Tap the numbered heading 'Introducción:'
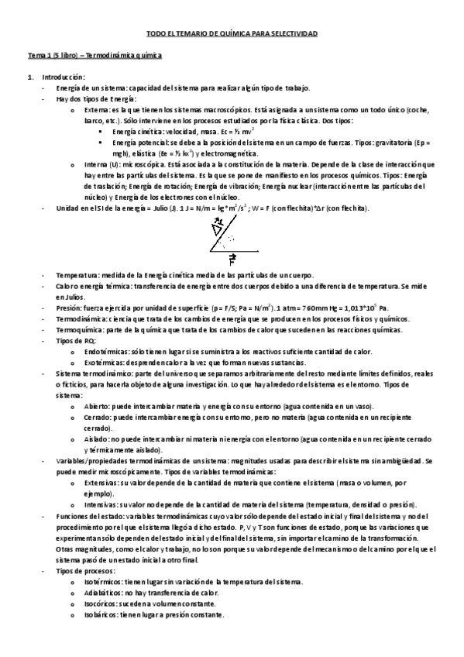(64, 77)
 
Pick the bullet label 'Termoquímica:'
(78, 329)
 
